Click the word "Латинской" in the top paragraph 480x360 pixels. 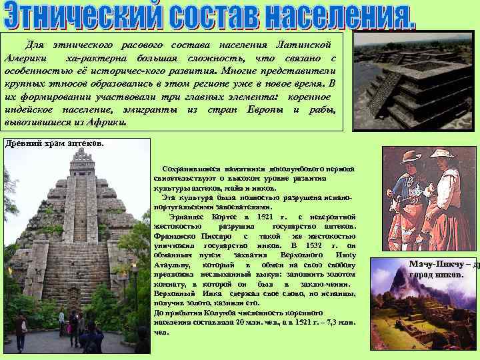304,45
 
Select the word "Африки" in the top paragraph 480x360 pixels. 106,123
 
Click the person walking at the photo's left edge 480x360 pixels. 22,330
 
